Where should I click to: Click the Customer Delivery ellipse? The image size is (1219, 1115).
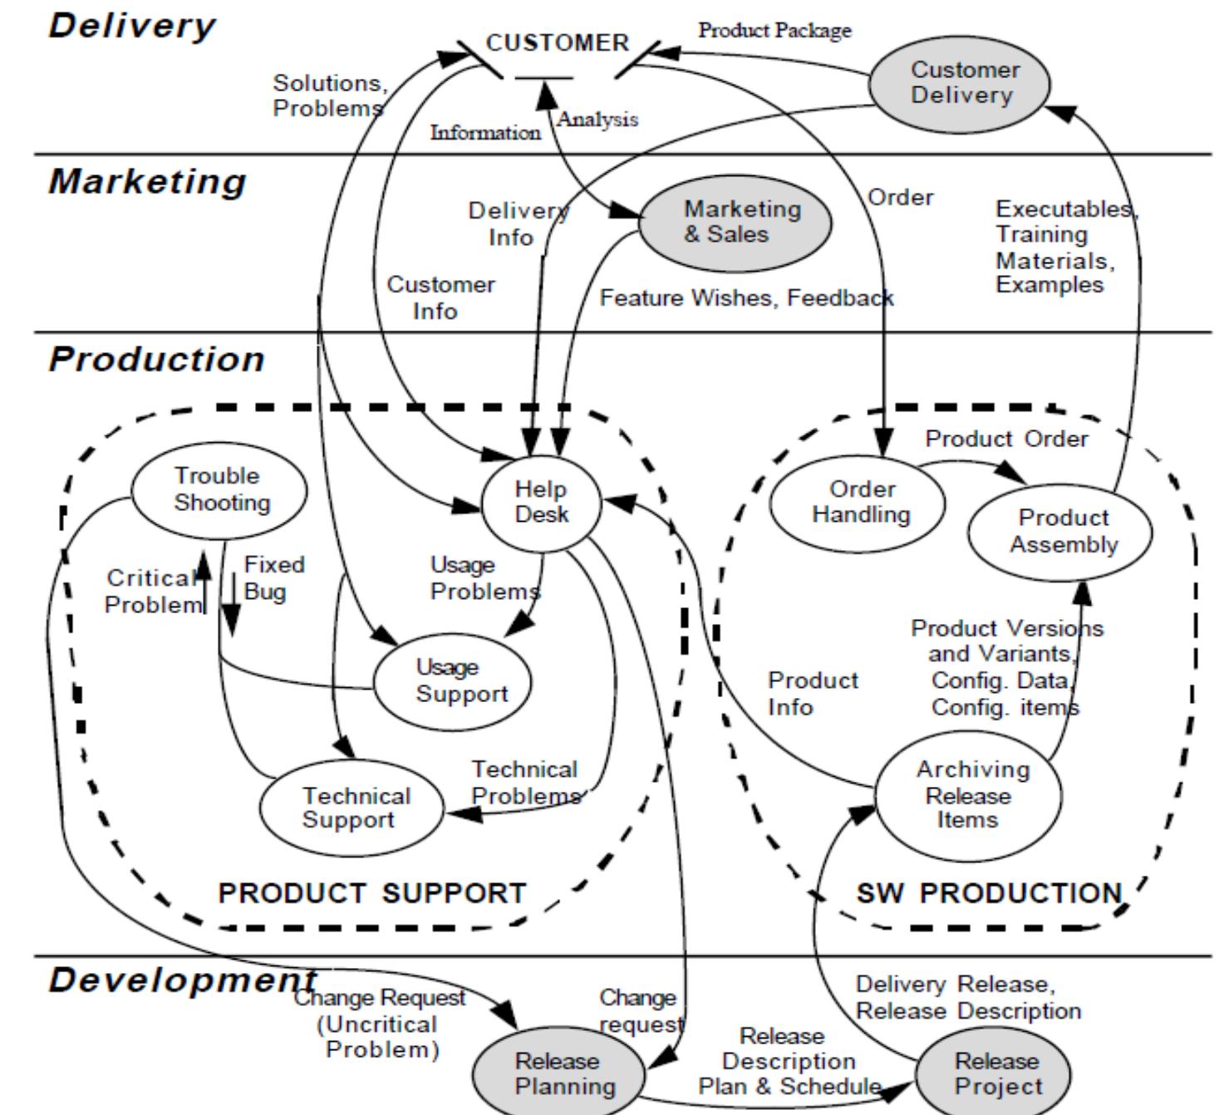coord(960,83)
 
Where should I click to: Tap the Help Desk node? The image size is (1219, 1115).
coord(541,502)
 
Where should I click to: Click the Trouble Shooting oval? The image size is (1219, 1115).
coord(219,489)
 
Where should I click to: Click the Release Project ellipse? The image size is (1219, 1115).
coord(994,1073)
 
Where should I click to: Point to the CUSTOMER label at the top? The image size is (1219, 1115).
coord(558,43)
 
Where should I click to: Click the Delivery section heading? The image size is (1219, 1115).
coord(131,25)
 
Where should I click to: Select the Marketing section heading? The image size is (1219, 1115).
coord(147,181)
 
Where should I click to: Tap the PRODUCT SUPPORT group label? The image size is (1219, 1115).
coord(371,893)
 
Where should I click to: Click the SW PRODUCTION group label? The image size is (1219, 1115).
coord(989,893)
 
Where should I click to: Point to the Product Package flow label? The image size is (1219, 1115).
coord(774,31)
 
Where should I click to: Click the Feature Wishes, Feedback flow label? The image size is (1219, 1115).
coord(746,297)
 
